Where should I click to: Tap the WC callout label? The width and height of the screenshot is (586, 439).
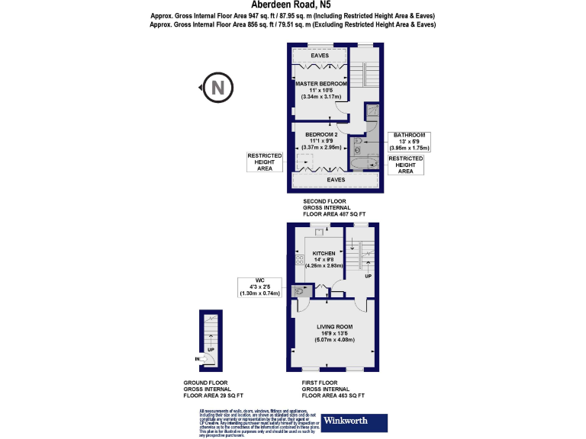(260, 286)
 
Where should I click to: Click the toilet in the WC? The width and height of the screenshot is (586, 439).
(302, 290)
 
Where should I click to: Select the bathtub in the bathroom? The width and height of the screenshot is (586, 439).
(363, 162)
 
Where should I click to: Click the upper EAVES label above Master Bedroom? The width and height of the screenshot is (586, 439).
(320, 56)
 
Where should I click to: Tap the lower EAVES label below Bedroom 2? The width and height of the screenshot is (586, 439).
(336, 180)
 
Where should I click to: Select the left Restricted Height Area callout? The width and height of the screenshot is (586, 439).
(259, 162)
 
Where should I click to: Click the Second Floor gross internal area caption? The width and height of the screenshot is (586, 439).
(334, 208)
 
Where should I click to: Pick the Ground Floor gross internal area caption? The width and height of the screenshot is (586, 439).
(213, 389)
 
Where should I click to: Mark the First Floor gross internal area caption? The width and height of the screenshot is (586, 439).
(333, 389)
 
